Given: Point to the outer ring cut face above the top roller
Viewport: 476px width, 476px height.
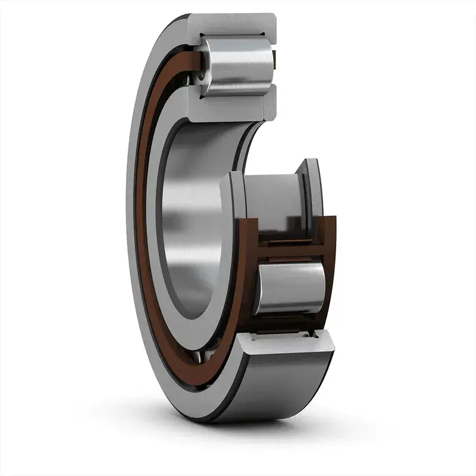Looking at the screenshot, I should [232, 26].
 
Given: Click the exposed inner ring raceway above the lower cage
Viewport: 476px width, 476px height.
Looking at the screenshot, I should [274, 196].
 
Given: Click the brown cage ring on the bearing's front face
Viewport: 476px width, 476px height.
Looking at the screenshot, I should [141, 238].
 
